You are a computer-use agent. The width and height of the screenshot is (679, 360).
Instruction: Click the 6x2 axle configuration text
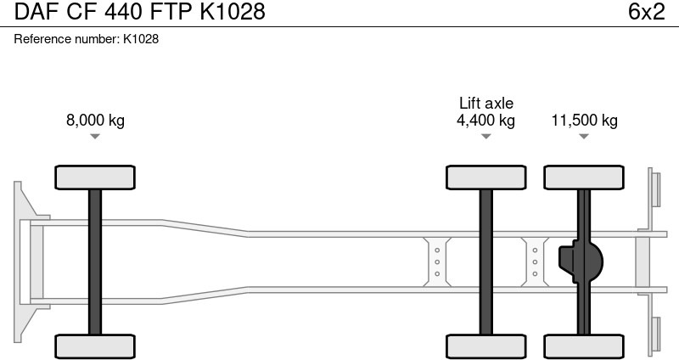[x=646, y=11]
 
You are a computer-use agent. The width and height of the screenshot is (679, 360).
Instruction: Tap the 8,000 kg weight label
[x=95, y=120]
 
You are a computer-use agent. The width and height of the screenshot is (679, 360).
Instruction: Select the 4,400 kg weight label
[x=485, y=120]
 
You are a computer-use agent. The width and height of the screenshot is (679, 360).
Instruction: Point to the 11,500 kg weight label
[x=584, y=120]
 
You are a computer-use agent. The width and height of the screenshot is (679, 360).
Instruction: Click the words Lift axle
[x=485, y=103]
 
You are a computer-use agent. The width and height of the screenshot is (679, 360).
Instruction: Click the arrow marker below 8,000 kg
[x=95, y=137]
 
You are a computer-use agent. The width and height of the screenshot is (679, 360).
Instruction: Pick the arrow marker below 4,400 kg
[x=485, y=137]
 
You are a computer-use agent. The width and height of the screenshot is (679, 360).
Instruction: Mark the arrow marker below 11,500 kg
[x=584, y=137]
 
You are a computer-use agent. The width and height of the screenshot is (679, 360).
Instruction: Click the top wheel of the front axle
[x=95, y=177]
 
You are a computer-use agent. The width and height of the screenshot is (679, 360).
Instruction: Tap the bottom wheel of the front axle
[x=95, y=346]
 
